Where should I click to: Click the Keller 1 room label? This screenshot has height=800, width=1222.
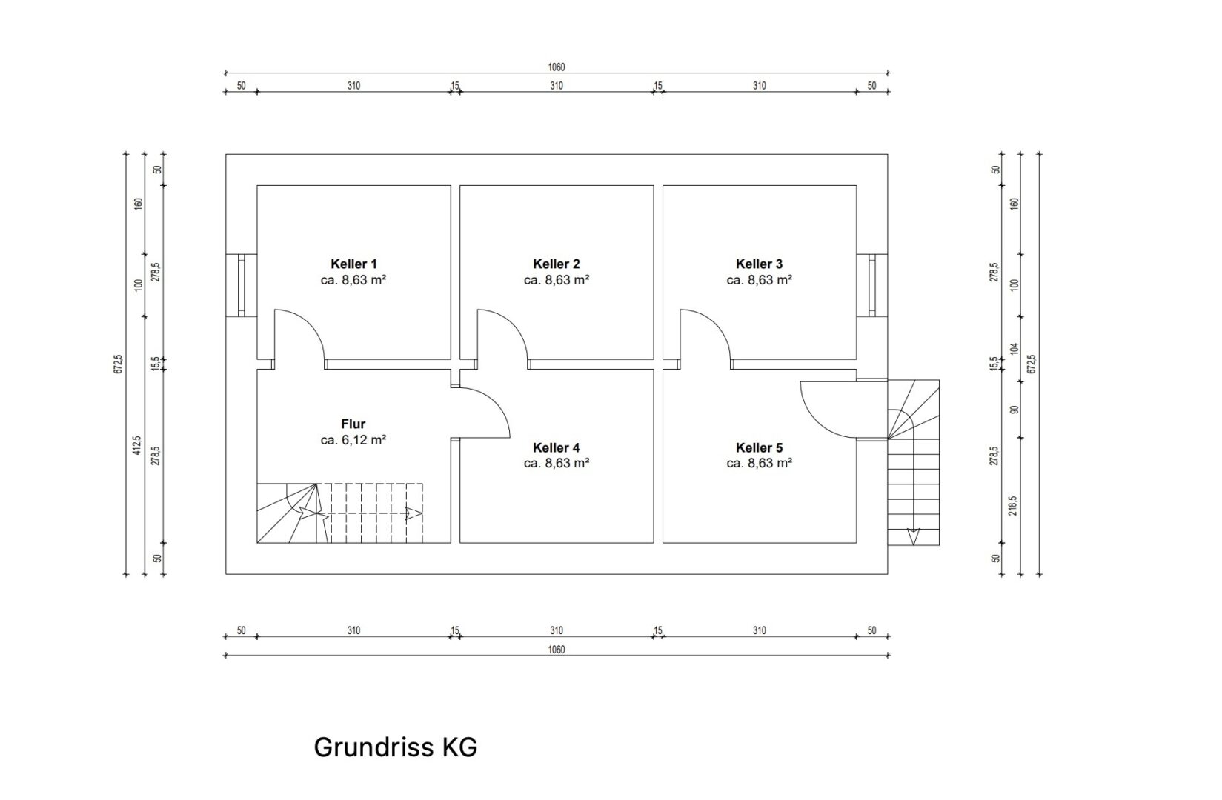[353, 264]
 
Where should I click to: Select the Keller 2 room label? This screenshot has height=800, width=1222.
[557, 264]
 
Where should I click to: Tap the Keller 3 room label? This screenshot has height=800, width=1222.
[759, 264]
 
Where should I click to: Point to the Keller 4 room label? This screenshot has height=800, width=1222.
[557, 447]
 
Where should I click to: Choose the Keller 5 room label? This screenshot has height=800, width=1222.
[759, 447]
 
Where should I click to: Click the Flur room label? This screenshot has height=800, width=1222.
[353, 424]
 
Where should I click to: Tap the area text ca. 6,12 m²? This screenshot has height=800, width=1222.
[353, 440]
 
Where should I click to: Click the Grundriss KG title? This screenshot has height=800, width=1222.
[396, 747]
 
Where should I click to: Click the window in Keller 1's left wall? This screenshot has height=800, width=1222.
[241, 285]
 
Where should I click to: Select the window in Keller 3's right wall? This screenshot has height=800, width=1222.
[872, 285]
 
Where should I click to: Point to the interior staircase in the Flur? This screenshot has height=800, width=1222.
[340, 513]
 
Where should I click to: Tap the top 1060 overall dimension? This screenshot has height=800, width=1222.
[557, 67]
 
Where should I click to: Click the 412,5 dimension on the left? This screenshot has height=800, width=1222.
[136, 445]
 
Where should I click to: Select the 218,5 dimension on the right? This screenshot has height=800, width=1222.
[1015, 505]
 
